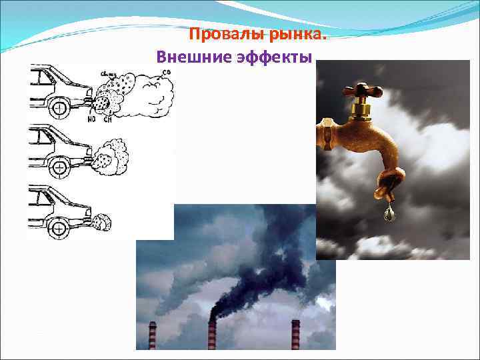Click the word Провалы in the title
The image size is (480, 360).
pos(221,34)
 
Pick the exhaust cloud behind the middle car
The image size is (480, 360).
pos(110,155)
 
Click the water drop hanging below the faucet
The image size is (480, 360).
pos(388,214)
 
